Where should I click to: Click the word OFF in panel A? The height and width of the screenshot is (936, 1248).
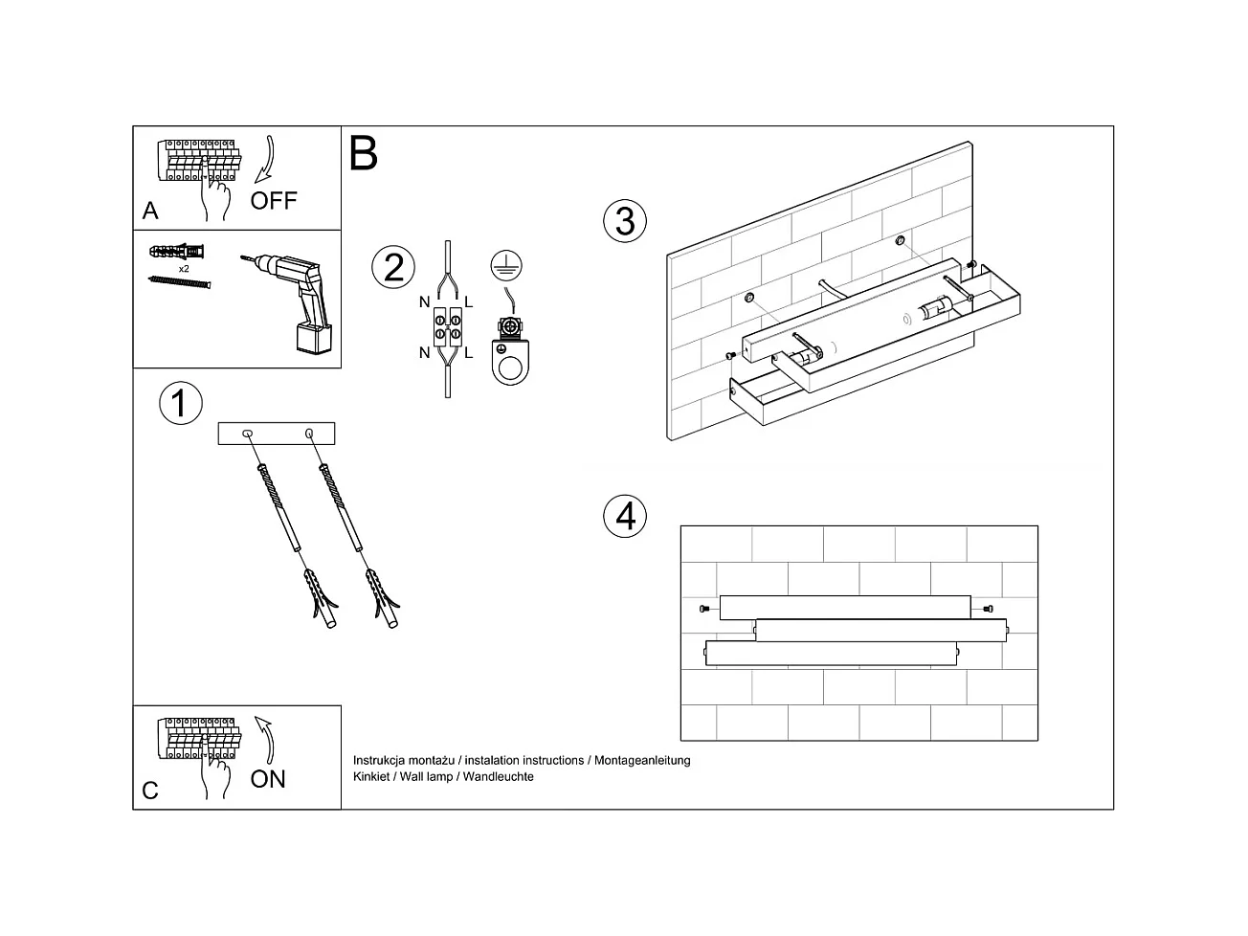coord(274,200)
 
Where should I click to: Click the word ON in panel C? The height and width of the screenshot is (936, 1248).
coord(268,779)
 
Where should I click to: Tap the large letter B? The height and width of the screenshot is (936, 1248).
coord(364,153)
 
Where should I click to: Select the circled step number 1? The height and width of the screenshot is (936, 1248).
coord(180,403)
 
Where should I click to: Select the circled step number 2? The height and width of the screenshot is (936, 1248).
coord(393,267)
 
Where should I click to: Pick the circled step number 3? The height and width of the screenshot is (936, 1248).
coord(625,221)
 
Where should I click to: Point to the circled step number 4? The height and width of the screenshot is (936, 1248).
coord(625,516)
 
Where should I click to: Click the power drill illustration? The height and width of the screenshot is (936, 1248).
coord(297,301)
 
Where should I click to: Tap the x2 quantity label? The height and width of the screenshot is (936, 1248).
coord(184,269)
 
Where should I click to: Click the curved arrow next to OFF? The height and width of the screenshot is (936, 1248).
coord(266,159)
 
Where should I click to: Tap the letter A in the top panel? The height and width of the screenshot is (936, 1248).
coord(150,211)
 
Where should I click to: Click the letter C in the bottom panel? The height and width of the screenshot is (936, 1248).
coord(150,791)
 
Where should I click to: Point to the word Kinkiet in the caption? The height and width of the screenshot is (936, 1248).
coord(371,777)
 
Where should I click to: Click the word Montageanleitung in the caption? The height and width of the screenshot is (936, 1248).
coord(642,761)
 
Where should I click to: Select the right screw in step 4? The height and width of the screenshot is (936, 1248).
coord(989,608)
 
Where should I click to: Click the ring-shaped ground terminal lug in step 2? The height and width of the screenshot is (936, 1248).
coord(508,364)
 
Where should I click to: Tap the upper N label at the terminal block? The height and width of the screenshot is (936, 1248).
coord(424,302)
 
